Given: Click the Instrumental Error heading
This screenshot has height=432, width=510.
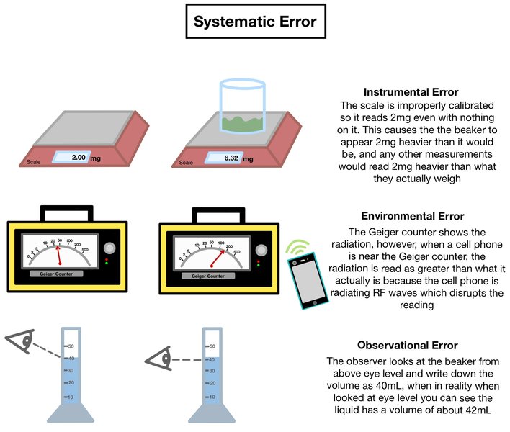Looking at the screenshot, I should coord(411,92).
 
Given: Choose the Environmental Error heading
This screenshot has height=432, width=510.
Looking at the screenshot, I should coord(411,216).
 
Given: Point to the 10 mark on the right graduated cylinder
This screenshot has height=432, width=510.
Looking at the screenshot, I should coord(211,397).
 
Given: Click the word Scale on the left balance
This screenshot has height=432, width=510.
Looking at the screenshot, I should coord(34,162).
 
